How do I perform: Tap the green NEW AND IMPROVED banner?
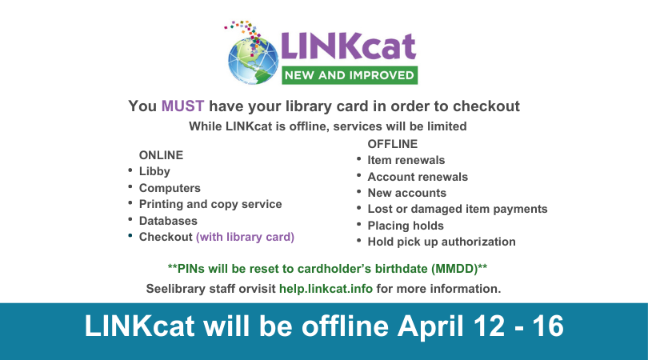tap(348, 76)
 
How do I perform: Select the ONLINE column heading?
tap(161, 154)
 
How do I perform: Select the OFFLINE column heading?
tap(392, 144)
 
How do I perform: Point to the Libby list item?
tap(154, 171)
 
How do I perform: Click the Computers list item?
tap(170, 188)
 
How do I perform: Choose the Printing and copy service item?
tap(210, 204)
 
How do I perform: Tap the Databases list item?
tap(168, 221)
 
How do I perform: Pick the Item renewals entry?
tap(406, 160)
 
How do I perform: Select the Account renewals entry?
tap(418, 177)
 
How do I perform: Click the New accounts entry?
tap(406, 193)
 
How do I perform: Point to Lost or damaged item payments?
tap(457, 209)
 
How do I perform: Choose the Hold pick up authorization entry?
tap(441, 242)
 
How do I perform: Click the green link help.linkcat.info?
tap(326, 288)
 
